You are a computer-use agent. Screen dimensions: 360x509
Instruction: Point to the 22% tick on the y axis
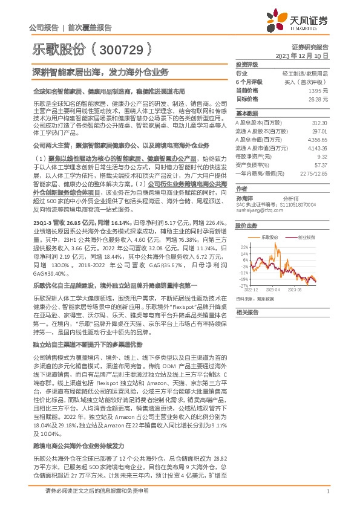243,247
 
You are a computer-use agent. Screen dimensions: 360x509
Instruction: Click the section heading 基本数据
246,113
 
